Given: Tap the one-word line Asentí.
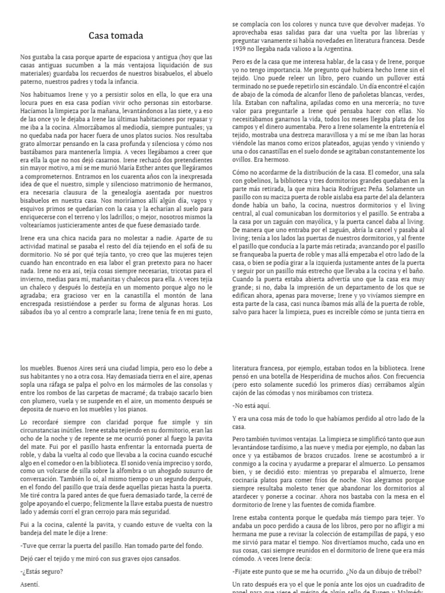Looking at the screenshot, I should tap(30, 584).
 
